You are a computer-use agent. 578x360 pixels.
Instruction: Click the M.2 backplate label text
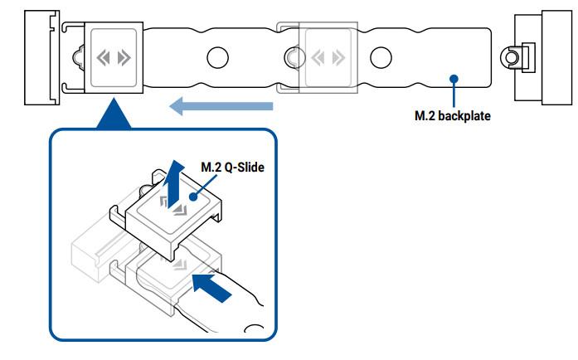click(453, 116)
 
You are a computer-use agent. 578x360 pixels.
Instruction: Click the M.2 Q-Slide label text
click(232, 167)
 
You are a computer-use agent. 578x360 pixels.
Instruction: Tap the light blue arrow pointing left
click(221, 106)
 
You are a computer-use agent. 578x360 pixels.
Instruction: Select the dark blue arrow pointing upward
click(173, 183)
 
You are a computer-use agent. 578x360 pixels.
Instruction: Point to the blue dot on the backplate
click(454, 79)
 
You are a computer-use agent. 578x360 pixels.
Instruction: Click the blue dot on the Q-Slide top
click(193, 197)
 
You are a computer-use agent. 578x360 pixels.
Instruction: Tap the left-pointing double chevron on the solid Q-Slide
click(103, 58)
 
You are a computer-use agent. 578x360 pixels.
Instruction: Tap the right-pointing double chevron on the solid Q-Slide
click(124, 58)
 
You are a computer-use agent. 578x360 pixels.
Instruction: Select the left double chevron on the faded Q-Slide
click(318, 58)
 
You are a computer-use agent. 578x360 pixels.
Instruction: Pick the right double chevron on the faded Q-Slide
click(339, 58)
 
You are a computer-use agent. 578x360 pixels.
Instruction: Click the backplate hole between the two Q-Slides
click(217, 57)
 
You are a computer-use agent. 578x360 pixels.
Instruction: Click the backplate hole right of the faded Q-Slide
click(381, 57)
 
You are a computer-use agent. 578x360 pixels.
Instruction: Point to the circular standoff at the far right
click(511, 57)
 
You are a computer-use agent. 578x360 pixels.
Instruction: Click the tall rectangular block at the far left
click(41, 57)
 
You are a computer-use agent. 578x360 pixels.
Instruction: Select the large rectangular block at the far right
click(556, 57)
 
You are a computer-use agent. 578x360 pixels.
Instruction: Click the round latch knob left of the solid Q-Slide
click(78, 57)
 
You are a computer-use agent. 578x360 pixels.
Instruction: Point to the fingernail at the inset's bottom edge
click(254, 329)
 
